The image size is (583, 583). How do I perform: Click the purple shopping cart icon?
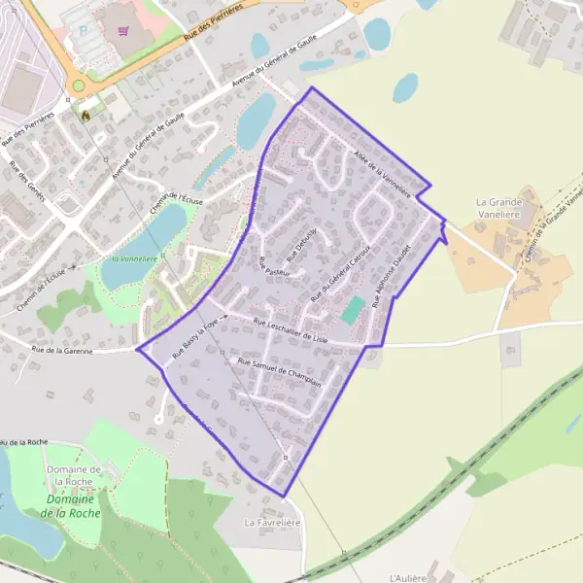[x=122, y=30]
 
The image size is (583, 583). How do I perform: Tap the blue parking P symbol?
[x=83, y=29]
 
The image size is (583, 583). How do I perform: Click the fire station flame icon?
[x=86, y=115]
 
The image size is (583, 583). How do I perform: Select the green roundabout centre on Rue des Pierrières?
[x=78, y=86]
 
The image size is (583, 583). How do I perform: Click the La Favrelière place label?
[x=272, y=523]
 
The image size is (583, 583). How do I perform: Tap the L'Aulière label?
[x=407, y=578]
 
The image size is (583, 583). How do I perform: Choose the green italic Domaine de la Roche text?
[x=74, y=506]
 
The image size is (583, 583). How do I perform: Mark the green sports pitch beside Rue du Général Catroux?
[x=353, y=311]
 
